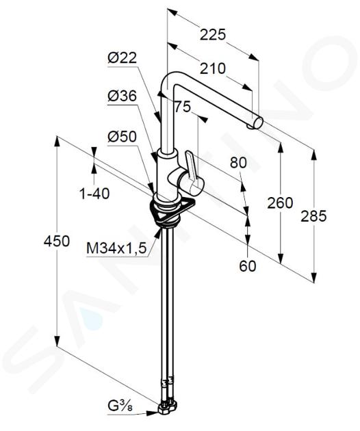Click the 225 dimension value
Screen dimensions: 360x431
pyautogui.click(x=213, y=35)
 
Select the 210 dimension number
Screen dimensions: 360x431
pyautogui.click(x=213, y=68)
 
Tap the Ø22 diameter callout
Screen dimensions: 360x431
pyautogui.click(x=122, y=58)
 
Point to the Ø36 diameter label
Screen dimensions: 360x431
pyautogui.click(x=122, y=96)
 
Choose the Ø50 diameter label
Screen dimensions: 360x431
pyautogui.click(x=122, y=137)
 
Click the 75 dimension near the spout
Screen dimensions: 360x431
pyautogui.click(x=183, y=107)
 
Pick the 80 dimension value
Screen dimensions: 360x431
pyautogui.click(x=238, y=163)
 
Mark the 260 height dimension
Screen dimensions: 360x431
pyautogui.click(x=280, y=203)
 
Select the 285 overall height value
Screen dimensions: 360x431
pyautogui.click(x=313, y=215)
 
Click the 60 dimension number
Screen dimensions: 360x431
pyautogui.click(x=248, y=266)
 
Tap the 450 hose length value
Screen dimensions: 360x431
pyautogui.click(x=57, y=241)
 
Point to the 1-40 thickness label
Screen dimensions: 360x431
pyautogui.click(x=94, y=194)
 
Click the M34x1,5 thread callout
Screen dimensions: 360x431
pyautogui.click(x=116, y=248)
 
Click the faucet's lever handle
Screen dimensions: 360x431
pyautogui.click(x=192, y=172)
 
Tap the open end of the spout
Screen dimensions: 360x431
pyautogui.click(x=258, y=122)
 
